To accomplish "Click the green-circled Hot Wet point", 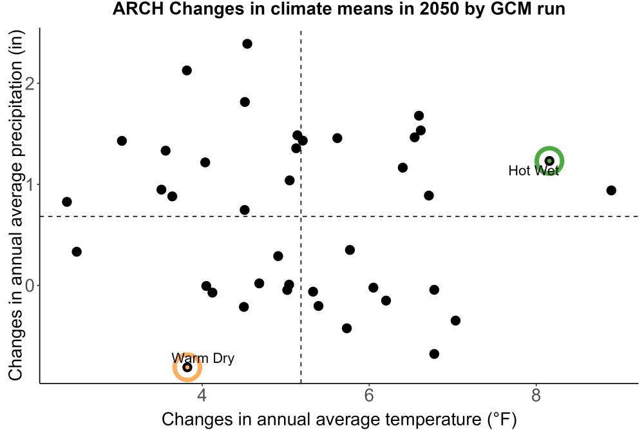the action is (549, 161).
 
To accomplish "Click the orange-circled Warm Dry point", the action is (187, 367).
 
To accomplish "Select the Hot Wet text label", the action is (533, 171).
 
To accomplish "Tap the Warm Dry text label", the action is (203, 358).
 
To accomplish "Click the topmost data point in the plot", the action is (247, 44).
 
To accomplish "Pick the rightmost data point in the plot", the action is (611, 190).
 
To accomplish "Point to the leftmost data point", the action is (67, 202).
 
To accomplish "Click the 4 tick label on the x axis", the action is (202, 395).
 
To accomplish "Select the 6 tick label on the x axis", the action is (369, 395).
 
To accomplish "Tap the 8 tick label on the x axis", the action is (536, 395).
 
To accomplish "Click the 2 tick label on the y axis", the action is (30, 83).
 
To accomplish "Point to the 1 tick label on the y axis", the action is (30, 184).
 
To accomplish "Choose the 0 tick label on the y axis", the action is (30, 286).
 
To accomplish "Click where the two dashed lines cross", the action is (301, 216).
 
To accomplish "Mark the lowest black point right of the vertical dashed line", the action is (434, 354).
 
